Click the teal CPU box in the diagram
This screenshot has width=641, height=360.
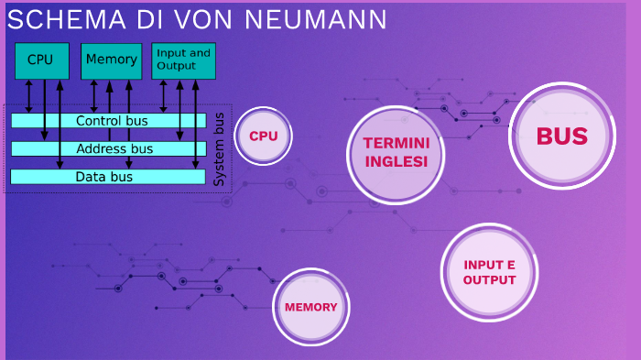tap(40, 60)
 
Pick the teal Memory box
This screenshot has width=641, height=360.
tap(111, 60)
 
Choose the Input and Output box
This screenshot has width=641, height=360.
tap(182, 60)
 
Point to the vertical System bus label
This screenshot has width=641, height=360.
tap(219, 149)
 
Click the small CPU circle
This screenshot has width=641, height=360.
tap(264, 136)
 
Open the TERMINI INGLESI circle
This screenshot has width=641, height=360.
tap(396, 152)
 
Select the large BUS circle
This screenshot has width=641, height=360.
tap(561, 136)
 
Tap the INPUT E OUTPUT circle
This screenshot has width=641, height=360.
tap(489, 272)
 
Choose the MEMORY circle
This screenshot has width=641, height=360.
tap(311, 307)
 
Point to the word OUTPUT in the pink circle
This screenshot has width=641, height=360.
tap(489, 279)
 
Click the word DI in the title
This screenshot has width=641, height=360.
tap(152, 19)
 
